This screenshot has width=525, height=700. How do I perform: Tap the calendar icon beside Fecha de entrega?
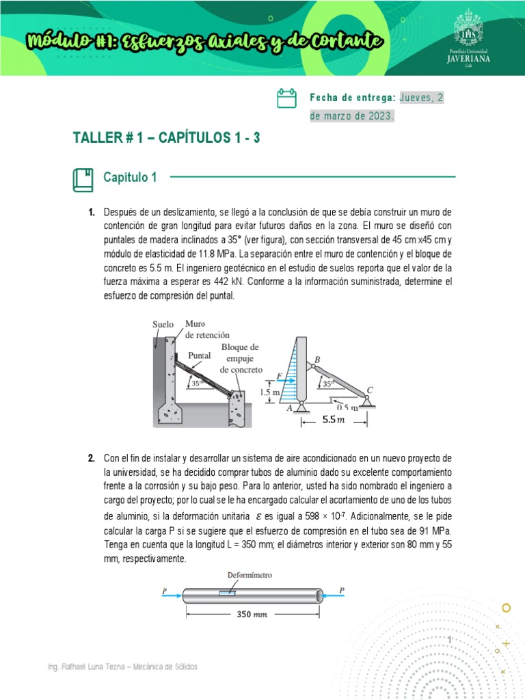[x=286, y=98]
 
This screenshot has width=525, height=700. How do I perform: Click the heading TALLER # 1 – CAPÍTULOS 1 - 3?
[x=166, y=139]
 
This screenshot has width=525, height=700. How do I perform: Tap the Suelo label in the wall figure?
[x=163, y=324]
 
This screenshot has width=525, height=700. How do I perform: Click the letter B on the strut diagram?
[x=317, y=360]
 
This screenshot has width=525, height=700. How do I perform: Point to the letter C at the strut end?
[x=370, y=390]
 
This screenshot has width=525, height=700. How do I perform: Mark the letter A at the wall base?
[x=288, y=407]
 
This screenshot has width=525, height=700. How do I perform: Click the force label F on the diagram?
[x=280, y=375]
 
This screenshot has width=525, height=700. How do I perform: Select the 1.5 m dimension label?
[x=270, y=392]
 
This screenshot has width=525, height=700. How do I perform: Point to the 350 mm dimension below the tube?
[x=253, y=614]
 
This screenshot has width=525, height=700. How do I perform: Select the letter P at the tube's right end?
[x=342, y=590]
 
